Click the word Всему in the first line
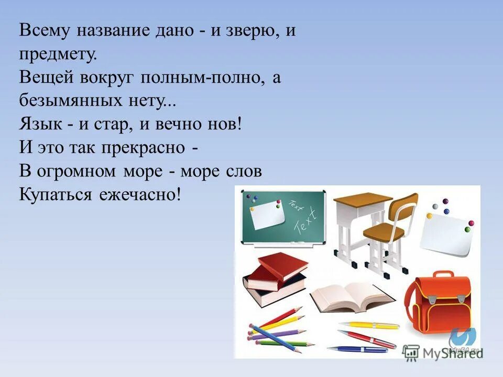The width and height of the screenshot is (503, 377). (44, 31)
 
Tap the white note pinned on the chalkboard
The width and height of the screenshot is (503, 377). (267, 214)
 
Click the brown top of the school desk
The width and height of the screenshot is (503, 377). (363, 199)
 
